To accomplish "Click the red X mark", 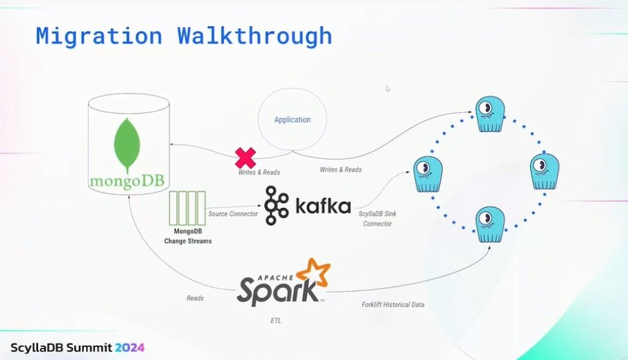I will click(x=245, y=158).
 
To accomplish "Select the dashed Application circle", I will click(x=292, y=120).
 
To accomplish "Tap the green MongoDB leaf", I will click(x=128, y=145).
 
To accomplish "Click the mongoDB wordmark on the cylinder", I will click(x=128, y=182).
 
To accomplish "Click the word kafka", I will click(x=324, y=206).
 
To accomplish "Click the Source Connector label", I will click(x=233, y=214).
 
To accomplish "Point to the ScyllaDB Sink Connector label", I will click(x=377, y=219).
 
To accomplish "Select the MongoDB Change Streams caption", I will click(x=187, y=236).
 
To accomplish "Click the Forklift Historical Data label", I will click(x=393, y=304).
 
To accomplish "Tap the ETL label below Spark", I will click(x=275, y=321).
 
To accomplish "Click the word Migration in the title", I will click(x=98, y=36).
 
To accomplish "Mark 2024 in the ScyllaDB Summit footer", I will click(x=129, y=347).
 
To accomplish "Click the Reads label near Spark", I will click(x=195, y=299).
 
